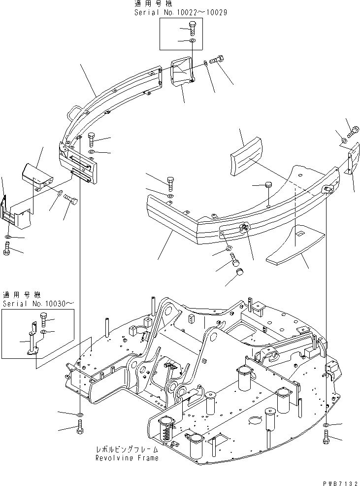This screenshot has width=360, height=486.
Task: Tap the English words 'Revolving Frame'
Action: click(x=127, y=458)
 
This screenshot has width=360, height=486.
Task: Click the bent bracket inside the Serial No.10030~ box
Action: click(x=32, y=340)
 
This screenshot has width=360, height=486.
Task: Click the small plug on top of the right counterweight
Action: click(x=268, y=185)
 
